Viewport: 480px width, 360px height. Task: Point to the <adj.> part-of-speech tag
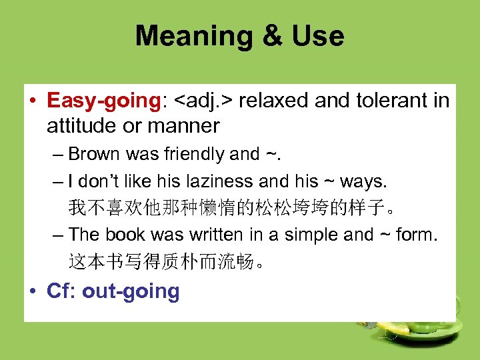point(203,101)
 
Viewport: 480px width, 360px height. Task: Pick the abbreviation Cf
point(59,291)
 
